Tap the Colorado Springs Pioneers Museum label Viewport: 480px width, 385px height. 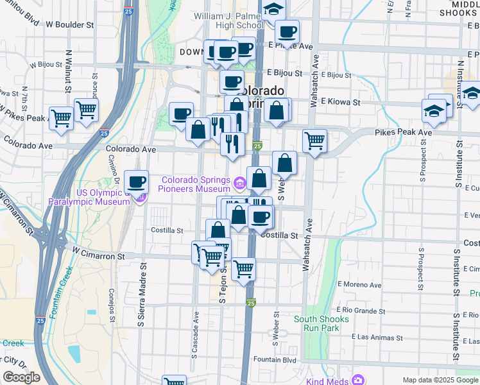coord(196,184)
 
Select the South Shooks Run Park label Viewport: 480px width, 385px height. coord(321,323)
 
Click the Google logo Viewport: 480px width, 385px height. coord(21,377)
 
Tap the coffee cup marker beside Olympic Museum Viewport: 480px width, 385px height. coord(136,182)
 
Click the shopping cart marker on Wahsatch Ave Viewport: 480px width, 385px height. coord(314,140)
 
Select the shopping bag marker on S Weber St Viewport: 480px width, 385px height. coord(284,162)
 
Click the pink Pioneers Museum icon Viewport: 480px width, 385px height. coord(239,184)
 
